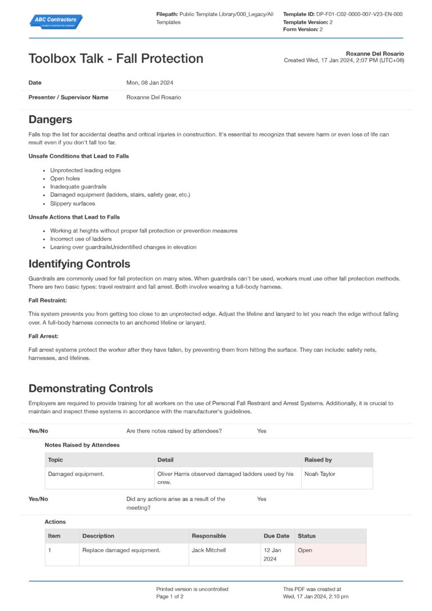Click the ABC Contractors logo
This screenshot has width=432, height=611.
coord(55,21)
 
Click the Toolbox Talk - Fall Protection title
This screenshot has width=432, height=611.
coord(116,58)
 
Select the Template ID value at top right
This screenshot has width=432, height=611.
coord(359,14)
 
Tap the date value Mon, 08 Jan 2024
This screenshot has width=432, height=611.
coord(150,83)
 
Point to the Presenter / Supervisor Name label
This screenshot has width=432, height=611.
coord(68,97)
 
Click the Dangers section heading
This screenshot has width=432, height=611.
coord(50,119)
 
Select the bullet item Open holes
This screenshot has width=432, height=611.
coord(65,178)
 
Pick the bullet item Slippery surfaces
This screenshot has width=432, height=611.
coord(73,203)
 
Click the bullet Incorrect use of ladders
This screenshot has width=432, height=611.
coord(81,239)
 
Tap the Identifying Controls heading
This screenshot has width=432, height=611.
coord(79,264)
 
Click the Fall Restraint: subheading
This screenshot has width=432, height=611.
coord(47,300)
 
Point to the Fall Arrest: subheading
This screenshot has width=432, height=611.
coord(44,336)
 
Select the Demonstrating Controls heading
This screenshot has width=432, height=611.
coord(91,388)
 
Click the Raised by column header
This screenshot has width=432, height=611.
coord(318,460)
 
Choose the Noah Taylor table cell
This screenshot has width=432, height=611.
coord(319,474)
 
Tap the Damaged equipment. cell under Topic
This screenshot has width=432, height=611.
coord(76,474)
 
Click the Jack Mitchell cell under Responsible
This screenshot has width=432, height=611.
coord(209,550)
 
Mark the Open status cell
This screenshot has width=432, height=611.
coord(305,550)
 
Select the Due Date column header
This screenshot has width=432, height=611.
coord(276,536)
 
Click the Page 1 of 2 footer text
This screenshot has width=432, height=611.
coord(170,596)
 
